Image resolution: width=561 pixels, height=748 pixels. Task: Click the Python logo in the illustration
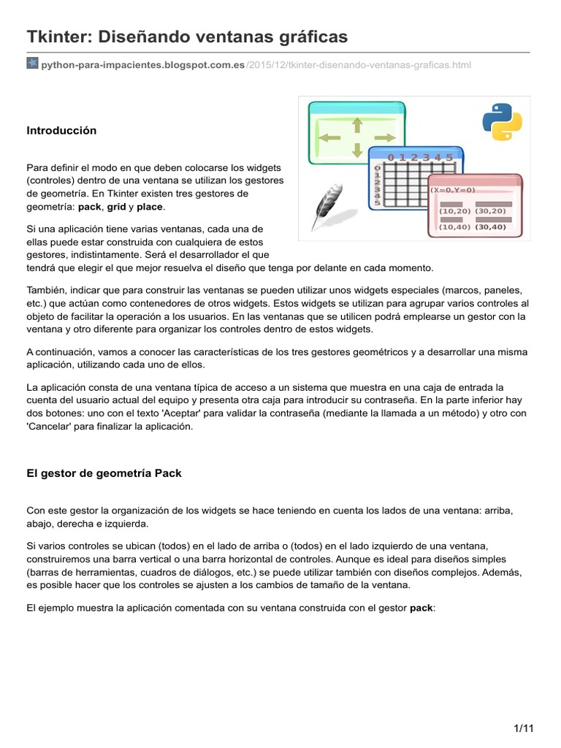pos(502,121)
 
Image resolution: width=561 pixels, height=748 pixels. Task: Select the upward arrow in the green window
pos(357,125)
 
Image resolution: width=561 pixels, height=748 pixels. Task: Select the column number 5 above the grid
pos(449,157)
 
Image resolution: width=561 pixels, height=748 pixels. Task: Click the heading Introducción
pos(61,131)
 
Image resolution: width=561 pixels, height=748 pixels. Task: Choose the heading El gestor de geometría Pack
pos(104,473)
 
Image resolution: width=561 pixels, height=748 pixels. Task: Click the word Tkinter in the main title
pos(54,37)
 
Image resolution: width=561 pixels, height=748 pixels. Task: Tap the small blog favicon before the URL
pos(32,64)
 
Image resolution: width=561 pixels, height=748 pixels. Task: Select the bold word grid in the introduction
pos(117,207)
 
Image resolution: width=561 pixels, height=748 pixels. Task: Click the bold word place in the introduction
pos(150,207)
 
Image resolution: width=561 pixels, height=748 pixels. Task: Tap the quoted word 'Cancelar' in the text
pos(49,427)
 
